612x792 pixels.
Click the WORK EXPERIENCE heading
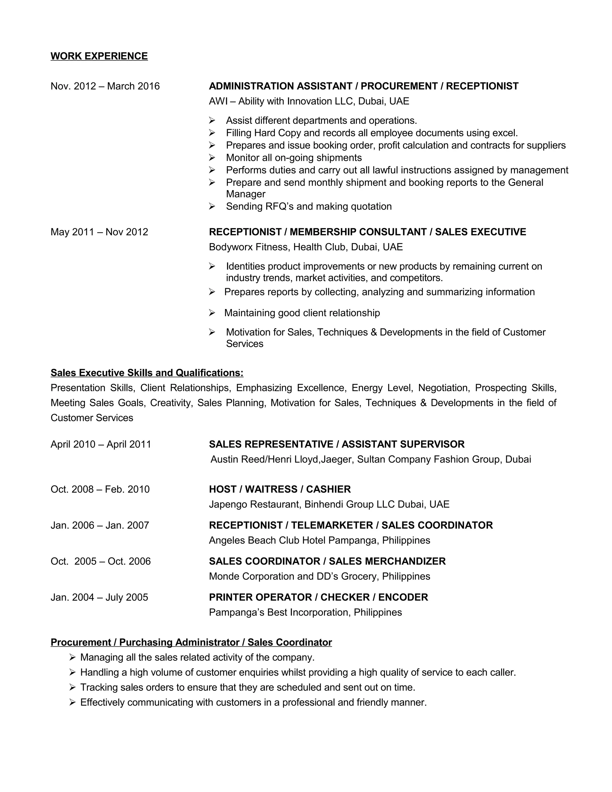99,56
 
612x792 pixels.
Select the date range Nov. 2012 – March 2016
105,86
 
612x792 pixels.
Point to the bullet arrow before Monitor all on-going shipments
212,158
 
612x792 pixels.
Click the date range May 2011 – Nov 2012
99,232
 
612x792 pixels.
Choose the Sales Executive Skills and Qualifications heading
147,373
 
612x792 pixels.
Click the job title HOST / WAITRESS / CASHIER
279,490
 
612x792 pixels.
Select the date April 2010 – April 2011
101,445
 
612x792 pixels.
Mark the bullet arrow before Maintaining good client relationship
212,313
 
